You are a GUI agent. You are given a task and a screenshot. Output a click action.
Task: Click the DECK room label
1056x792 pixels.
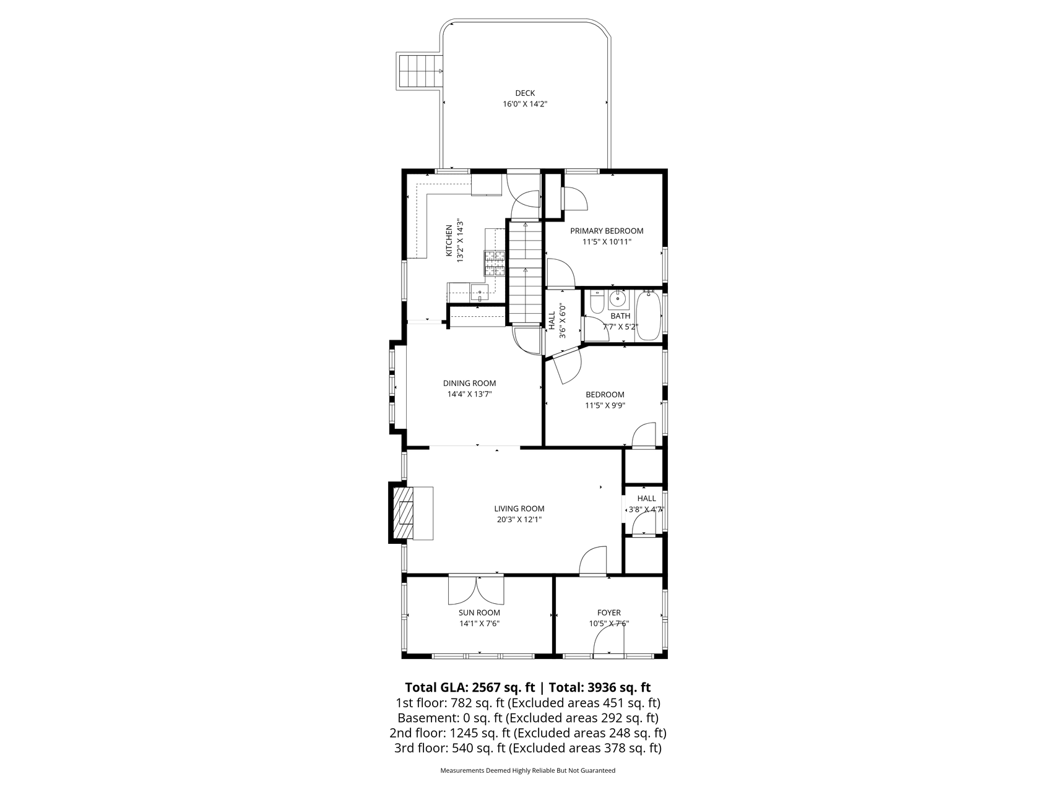(525, 93)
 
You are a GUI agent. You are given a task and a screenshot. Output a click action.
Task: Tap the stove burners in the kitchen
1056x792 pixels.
(495, 263)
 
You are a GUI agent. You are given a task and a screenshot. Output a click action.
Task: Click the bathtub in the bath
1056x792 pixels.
(649, 316)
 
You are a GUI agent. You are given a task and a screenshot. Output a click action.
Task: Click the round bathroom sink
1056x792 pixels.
(617, 300)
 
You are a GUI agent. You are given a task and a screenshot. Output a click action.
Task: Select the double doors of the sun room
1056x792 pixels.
(477, 591)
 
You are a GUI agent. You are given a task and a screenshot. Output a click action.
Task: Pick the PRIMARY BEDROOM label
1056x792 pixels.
(607, 231)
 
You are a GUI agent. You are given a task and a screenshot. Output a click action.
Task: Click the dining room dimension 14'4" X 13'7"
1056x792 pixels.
(469, 394)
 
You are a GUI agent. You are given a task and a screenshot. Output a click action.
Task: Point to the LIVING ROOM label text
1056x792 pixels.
(519, 509)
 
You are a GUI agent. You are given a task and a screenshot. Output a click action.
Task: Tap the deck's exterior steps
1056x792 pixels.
(420, 71)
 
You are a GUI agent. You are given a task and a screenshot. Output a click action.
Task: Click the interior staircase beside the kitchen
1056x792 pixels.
(526, 272)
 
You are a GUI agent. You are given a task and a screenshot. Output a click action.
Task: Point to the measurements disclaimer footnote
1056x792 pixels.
(527, 771)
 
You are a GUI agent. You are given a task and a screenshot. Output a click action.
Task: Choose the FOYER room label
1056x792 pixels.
(609, 613)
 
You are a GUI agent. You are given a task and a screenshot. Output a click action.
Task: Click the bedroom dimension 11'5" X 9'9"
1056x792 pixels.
(605, 406)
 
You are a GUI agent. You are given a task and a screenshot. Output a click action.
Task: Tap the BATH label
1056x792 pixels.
(620, 316)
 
